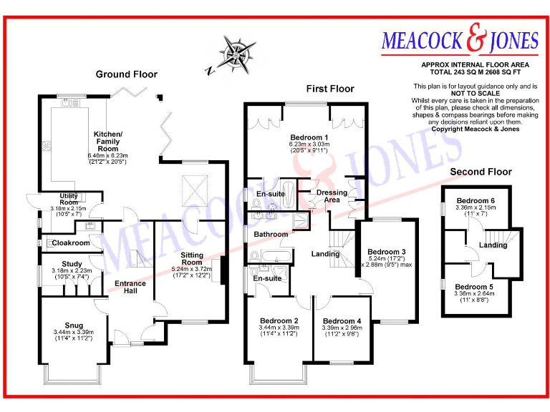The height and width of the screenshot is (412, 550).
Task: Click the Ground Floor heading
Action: click(x=127, y=74)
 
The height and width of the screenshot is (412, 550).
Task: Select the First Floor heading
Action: click(x=330, y=89)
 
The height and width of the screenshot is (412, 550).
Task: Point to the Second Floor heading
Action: click(x=481, y=172)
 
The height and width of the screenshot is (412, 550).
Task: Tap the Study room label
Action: click(x=72, y=263)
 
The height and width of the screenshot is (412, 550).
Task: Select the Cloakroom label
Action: click(x=71, y=243)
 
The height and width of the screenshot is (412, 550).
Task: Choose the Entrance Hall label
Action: click(x=130, y=288)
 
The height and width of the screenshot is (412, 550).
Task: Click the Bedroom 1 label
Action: click(x=309, y=137)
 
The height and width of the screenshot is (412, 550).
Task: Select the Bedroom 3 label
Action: click(x=387, y=252)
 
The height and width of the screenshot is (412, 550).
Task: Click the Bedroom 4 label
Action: click(x=342, y=321)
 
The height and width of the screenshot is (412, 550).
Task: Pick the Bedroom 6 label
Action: click(x=476, y=200)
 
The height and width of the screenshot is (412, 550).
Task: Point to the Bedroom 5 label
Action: click(x=476, y=286)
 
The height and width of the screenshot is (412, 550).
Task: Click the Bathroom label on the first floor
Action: click(x=270, y=234)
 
